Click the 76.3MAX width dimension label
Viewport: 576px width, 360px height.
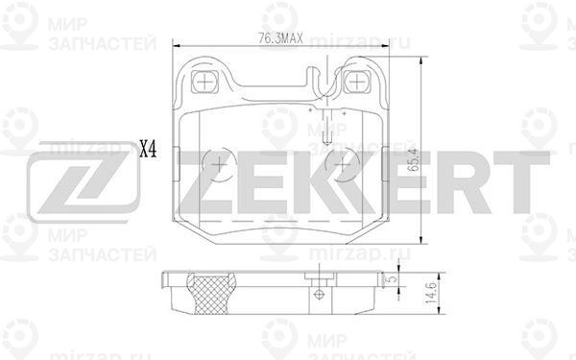coord(280,37)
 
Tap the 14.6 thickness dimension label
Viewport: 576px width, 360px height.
coord(430,293)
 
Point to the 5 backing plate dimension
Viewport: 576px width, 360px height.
coord(393,278)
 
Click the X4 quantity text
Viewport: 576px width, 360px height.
coord(149,150)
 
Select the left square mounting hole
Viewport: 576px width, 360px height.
coord(204,82)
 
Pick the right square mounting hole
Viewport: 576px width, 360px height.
coord(356,82)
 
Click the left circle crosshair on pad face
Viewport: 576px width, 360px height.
coord(219,164)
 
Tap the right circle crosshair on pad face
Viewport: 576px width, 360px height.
coord(343,164)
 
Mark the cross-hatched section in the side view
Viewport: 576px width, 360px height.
coord(211,294)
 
